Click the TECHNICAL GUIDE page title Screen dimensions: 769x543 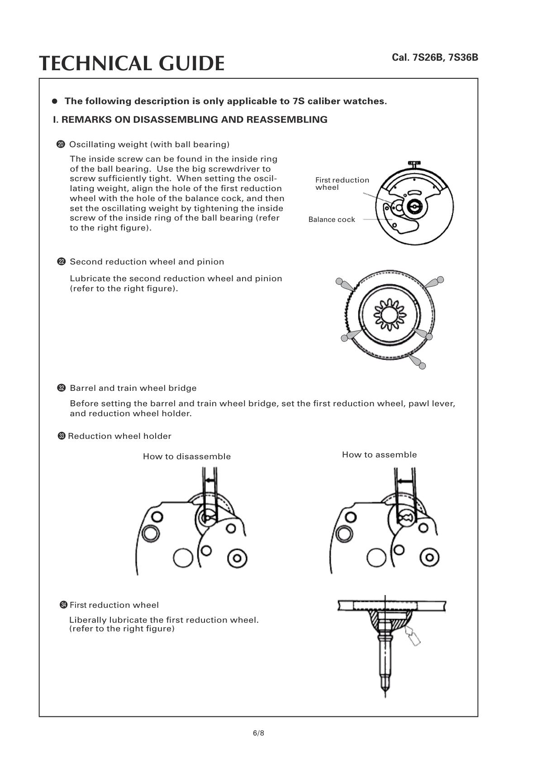coord(131,63)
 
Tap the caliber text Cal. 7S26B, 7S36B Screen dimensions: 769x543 coord(434,58)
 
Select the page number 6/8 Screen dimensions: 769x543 coord(258,733)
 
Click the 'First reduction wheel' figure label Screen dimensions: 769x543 coord(342,183)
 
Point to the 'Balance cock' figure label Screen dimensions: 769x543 coord(332,220)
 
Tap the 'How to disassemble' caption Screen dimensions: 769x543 coord(186,457)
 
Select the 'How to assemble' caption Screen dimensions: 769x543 coord(379,455)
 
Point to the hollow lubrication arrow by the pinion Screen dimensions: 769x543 coord(413,634)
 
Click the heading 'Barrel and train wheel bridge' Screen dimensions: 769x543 coord(133,388)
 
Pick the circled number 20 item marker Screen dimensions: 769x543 coord(61,144)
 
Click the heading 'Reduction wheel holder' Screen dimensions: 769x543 coord(119,436)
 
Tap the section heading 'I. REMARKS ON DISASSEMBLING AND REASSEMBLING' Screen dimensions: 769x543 coord(190,120)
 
